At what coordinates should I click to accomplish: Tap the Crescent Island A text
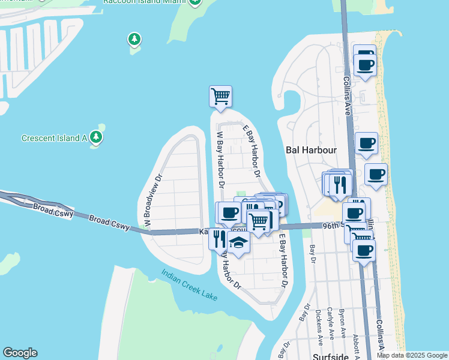point(54,138)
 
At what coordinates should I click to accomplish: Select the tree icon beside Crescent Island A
point(96,137)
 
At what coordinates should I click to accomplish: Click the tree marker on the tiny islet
point(134,41)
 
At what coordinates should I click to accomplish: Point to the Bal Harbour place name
point(310,150)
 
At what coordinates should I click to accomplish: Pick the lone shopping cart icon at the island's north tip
point(220,96)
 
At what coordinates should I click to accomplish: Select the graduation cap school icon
point(238,243)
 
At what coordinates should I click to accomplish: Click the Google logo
point(20,353)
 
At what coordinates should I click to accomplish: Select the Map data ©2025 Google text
point(412,355)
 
